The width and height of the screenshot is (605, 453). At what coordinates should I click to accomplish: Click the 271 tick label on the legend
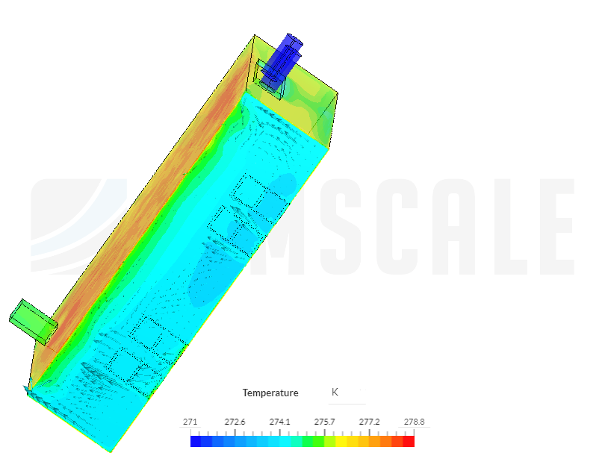click(x=190, y=422)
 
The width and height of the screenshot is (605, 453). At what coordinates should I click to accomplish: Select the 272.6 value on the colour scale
click(x=235, y=422)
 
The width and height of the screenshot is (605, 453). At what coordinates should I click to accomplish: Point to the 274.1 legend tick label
click(x=280, y=422)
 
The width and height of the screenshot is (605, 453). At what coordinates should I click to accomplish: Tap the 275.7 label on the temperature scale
click(x=325, y=422)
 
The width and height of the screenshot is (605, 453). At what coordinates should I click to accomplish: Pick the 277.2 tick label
click(x=370, y=422)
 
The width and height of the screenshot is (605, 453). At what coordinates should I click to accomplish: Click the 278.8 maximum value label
click(x=414, y=422)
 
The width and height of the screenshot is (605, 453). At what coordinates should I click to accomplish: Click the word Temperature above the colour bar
click(x=270, y=393)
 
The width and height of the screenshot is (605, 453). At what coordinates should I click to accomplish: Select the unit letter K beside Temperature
click(x=335, y=392)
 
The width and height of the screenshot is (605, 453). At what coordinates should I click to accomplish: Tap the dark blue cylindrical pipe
click(x=284, y=55)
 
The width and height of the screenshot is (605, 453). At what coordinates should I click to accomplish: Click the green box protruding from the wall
click(x=33, y=321)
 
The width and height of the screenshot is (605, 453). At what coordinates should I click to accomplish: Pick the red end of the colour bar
click(x=409, y=441)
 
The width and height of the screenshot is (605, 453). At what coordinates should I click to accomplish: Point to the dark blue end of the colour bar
click(x=196, y=441)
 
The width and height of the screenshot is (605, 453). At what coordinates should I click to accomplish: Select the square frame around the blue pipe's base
click(x=270, y=82)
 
